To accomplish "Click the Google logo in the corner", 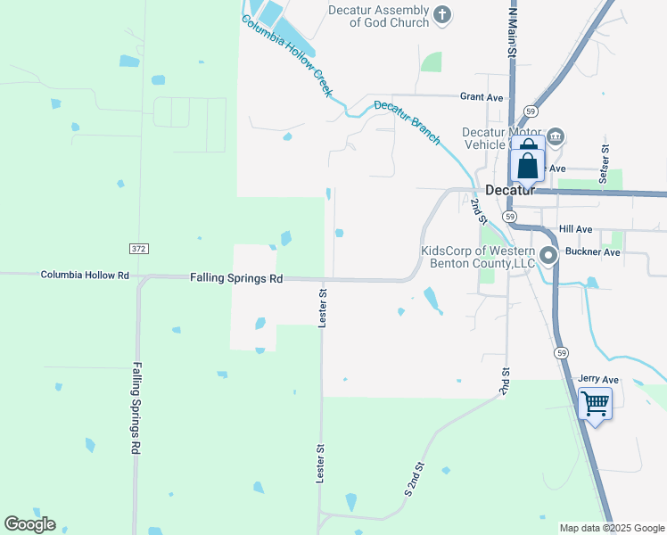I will (x=29, y=524).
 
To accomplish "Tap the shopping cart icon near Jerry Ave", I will (x=595, y=403).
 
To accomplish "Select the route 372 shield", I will (x=137, y=248).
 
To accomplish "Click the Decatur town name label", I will (x=510, y=190).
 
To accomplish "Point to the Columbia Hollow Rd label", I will (x=85, y=276).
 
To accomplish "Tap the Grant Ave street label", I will (x=482, y=96).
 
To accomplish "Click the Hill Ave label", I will (x=576, y=229).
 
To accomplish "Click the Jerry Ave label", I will (x=597, y=379).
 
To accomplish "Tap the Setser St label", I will (x=605, y=164).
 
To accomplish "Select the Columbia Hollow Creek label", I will (x=288, y=55).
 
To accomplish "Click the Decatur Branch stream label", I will (x=407, y=122).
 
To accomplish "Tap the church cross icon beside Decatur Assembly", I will (x=441, y=14).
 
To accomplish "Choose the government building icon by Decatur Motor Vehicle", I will (x=555, y=136).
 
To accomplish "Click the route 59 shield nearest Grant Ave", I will (x=531, y=111).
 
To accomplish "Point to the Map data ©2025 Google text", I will (x=612, y=528).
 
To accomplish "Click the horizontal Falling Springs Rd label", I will (x=236, y=278).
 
